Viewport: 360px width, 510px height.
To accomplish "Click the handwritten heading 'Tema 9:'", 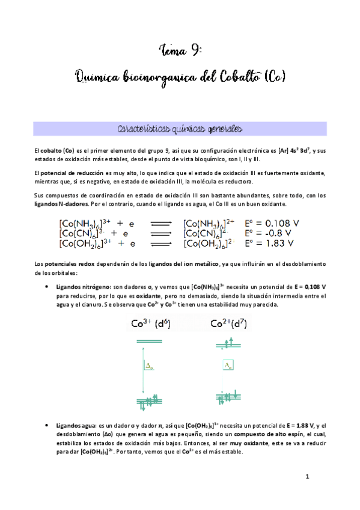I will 180,49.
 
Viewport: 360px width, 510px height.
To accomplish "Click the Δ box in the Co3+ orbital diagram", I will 150,366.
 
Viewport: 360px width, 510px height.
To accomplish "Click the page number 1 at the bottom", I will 307,477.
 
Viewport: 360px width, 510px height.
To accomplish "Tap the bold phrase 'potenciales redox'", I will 67,265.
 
